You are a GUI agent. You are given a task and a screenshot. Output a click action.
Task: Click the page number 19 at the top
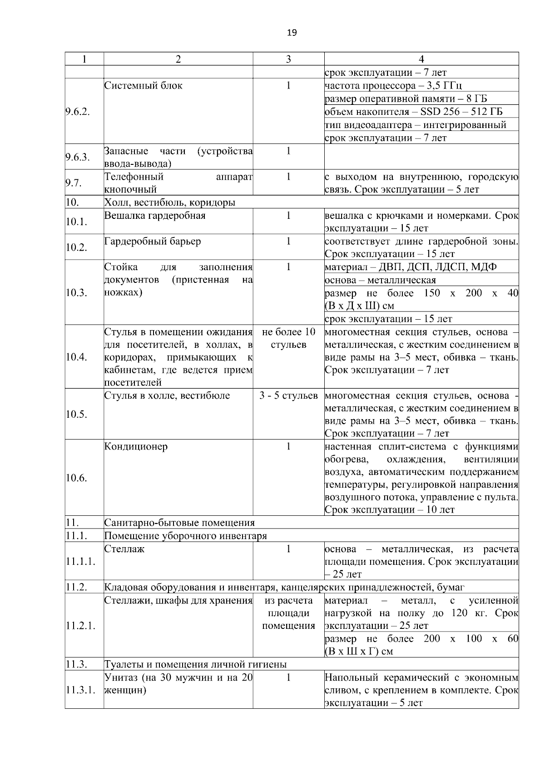tap(292, 33)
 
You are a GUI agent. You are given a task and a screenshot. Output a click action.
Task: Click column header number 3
tap(288, 59)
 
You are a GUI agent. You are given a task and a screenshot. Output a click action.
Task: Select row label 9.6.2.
tap(78, 112)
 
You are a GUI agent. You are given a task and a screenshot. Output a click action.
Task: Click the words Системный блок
tap(144, 86)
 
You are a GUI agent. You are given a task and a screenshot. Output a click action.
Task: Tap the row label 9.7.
tap(73, 183)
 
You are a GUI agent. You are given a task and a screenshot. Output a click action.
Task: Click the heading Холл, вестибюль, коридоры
tap(170, 203)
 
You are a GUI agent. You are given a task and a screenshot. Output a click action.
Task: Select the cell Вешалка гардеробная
tap(155, 216)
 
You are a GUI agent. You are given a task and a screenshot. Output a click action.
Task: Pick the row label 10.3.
tap(76, 292)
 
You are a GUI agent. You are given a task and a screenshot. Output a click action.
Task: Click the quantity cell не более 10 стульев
tap(288, 338)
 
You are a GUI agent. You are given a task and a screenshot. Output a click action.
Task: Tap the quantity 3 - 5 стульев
tap(288, 395)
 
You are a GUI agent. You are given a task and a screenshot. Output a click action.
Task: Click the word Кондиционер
tap(136, 446)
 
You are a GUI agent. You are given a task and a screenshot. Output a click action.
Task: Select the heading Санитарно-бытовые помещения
tap(179, 523)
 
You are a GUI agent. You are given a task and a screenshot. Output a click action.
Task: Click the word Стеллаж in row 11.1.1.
tap(124, 549)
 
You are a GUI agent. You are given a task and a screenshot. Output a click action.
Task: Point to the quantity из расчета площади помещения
tap(288, 613)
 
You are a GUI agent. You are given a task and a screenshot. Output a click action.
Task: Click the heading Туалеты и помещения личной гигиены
tap(195, 664)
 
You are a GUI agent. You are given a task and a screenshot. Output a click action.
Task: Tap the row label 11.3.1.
tap(80, 690)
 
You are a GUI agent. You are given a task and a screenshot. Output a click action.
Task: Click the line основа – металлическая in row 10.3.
tap(381, 280)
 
